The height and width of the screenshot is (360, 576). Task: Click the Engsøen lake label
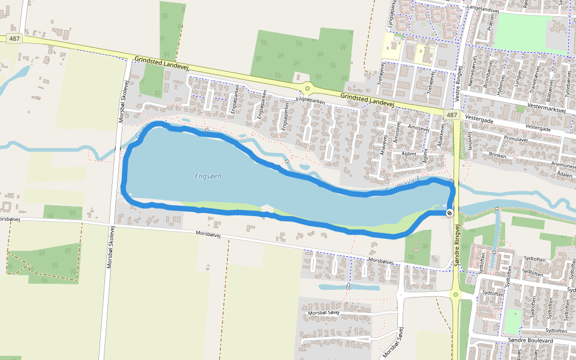click(x=208, y=176)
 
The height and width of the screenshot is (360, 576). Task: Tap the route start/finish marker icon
click(x=449, y=212)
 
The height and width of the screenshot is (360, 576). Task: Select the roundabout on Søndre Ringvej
click(x=456, y=294)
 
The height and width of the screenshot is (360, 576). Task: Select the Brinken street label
click(x=497, y=155)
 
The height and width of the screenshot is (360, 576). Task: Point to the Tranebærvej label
click(x=535, y=79)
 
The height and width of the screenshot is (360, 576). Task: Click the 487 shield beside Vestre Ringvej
click(x=452, y=115)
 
